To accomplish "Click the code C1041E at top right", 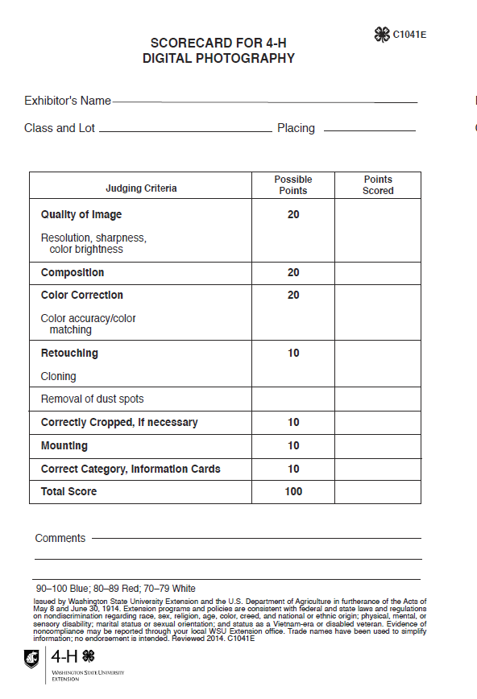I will pyautogui.click(x=409, y=35).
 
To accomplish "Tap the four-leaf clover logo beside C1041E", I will pyautogui.click(x=382, y=34).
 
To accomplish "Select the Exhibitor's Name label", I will pyautogui.click(x=68, y=101).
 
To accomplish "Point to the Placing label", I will pyautogui.click(x=296, y=128).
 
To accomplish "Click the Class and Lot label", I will pyautogui.click(x=60, y=128).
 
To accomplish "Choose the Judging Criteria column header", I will pyautogui.click(x=141, y=188).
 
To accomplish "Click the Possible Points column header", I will pyautogui.click(x=293, y=185).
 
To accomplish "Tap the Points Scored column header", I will pyautogui.click(x=378, y=185).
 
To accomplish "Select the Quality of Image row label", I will pyautogui.click(x=81, y=215).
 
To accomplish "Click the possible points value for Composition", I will pyautogui.click(x=293, y=273).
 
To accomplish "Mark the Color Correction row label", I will pyautogui.click(x=82, y=296).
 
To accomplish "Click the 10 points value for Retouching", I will pyautogui.click(x=293, y=354).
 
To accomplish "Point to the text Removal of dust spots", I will pyautogui.click(x=93, y=399).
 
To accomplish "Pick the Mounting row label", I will pyautogui.click(x=64, y=446).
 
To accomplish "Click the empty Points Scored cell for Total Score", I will pyautogui.click(x=377, y=492).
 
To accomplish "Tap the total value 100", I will pyautogui.click(x=293, y=492).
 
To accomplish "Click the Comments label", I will pyautogui.click(x=60, y=538).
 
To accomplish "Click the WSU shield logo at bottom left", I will pyautogui.click(x=31, y=659).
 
